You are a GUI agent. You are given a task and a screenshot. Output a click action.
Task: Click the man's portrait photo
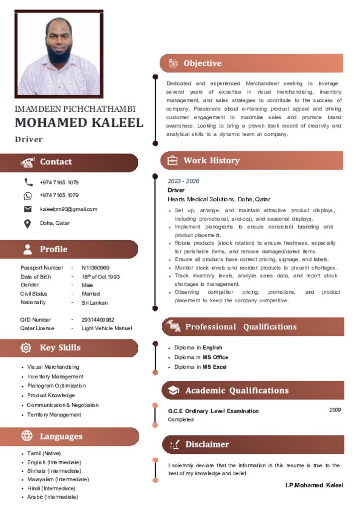59,54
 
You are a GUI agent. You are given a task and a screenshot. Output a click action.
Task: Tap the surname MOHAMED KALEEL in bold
79,123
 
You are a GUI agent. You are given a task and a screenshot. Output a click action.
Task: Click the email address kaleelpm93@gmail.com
69,209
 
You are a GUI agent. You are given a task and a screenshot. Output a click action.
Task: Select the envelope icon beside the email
28,209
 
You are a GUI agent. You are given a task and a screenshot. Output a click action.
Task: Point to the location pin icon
28,223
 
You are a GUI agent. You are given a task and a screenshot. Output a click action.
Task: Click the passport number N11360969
95,268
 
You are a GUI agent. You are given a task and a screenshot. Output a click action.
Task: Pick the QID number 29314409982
98,320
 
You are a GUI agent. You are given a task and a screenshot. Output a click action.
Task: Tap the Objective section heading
202,63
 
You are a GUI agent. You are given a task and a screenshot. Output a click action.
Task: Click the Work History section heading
211,161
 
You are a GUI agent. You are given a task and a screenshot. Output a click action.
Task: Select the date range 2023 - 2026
183,181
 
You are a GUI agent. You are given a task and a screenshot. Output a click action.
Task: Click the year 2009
335,410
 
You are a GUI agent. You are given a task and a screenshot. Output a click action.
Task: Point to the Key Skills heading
60,347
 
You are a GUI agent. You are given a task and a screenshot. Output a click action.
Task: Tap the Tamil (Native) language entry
44,453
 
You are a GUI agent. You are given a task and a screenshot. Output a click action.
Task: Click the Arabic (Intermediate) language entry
52,497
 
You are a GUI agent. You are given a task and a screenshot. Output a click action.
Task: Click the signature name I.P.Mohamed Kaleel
314,485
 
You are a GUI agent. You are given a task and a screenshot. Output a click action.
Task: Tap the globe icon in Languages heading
27,436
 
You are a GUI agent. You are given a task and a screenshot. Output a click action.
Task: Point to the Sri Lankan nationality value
94,303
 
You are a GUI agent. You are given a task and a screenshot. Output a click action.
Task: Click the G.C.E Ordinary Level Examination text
213,411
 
